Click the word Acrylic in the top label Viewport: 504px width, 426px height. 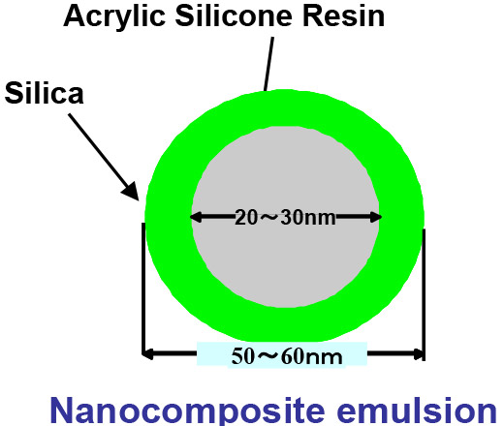click(x=114, y=17)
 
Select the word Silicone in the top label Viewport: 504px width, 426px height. click(x=234, y=15)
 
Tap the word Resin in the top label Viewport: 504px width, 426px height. click(x=343, y=16)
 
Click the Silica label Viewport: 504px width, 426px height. click(x=45, y=93)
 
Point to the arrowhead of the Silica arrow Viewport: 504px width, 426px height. click(x=132, y=192)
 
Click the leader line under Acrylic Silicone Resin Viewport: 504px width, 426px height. click(x=268, y=64)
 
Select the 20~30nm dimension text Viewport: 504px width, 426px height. click(x=285, y=217)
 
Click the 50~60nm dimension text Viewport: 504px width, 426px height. click(x=287, y=356)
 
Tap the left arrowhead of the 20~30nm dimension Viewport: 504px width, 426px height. click(x=197, y=217)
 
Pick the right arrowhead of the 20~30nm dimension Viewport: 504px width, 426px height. click(x=376, y=217)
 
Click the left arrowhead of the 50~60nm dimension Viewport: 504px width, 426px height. click(x=148, y=354)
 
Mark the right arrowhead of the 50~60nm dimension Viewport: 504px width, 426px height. click(x=418, y=354)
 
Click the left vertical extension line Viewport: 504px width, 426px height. click(x=143, y=289)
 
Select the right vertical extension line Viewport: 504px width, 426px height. click(x=424, y=294)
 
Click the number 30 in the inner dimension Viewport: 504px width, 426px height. click(x=291, y=217)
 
